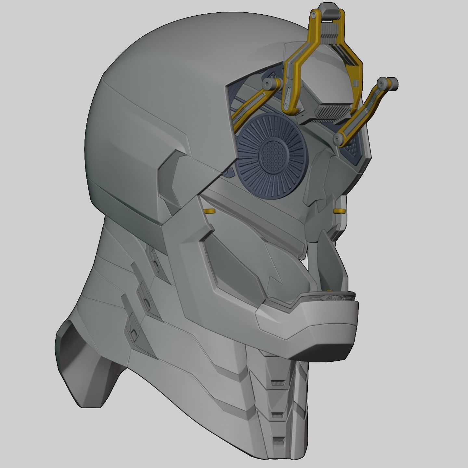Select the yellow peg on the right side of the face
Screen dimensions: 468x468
point(339,212)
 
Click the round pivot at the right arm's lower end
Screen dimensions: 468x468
point(338,139)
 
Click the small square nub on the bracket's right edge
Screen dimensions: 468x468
point(356,84)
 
